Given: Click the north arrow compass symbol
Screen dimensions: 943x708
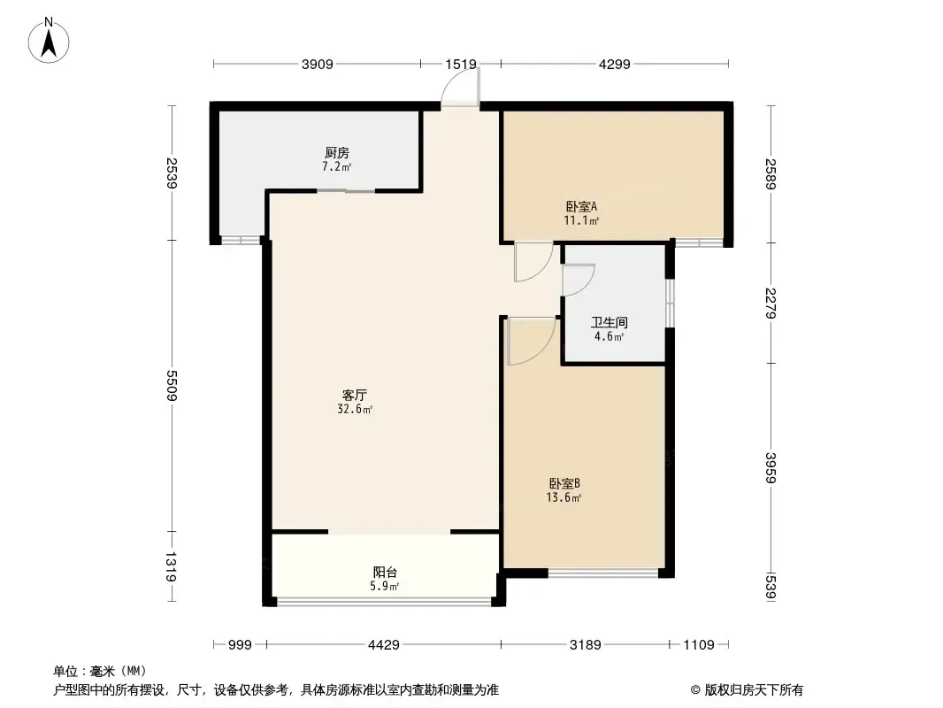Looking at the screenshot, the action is (x=49, y=40).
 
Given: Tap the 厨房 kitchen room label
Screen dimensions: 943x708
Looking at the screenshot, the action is (x=337, y=153).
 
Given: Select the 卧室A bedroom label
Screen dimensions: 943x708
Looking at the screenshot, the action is (x=581, y=206).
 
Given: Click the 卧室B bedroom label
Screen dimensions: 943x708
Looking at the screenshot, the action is (x=564, y=483).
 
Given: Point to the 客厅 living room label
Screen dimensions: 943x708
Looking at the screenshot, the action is (x=354, y=396).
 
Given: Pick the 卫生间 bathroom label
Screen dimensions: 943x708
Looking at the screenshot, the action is (x=609, y=322).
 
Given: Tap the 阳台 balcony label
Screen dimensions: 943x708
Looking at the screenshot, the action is (x=385, y=572).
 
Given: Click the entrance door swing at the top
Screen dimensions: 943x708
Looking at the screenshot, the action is (x=461, y=88).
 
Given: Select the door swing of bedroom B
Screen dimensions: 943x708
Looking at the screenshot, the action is (x=531, y=341).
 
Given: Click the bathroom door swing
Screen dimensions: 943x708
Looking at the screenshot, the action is (x=579, y=281).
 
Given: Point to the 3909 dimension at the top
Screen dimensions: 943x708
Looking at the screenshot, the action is (x=317, y=65).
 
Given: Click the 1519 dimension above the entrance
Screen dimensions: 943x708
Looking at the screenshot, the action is (x=461, y=65).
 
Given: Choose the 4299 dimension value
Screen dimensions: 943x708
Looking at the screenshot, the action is (x=615, y=65).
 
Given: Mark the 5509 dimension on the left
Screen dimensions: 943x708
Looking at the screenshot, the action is (x=172, y=386).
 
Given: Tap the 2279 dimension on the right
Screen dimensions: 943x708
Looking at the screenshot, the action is (x=771, y=304).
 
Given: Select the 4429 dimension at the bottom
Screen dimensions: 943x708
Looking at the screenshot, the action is (x=384, y=645).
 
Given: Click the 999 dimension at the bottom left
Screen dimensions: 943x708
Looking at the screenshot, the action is (x=240, y=645).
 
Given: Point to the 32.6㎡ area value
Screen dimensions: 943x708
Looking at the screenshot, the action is (x=355, y=410).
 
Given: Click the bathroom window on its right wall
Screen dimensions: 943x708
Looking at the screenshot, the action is (x=670, y=303).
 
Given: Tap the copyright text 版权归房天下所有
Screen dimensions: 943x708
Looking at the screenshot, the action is (x=754, y=690).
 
